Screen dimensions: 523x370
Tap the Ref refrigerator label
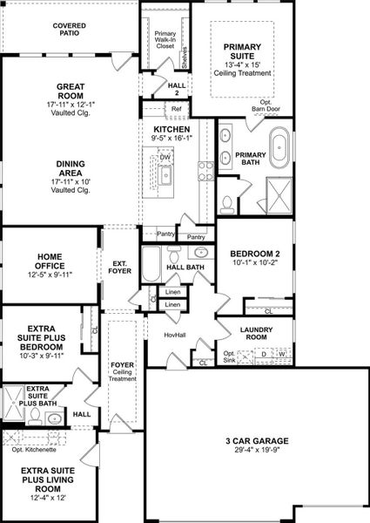[x=176, y=109]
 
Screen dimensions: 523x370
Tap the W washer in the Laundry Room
[x=281, y=354]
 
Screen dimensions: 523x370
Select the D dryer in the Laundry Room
[x=264, y=354]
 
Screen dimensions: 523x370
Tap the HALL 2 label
[x=172, y=87]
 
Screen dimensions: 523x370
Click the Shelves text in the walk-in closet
[x=185, y=57]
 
